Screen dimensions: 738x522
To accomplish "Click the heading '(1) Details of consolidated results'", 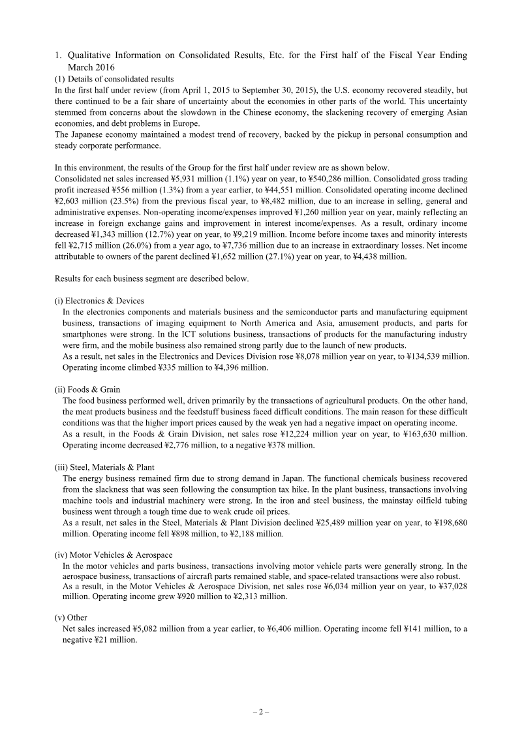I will (114, 78).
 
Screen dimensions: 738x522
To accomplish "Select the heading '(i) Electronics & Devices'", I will (99, 301).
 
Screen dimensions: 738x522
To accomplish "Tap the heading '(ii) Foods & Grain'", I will (87, 390).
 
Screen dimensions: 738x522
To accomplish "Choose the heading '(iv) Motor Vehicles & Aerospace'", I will (109, 555).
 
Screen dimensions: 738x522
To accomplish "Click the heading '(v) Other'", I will (70, 617).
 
